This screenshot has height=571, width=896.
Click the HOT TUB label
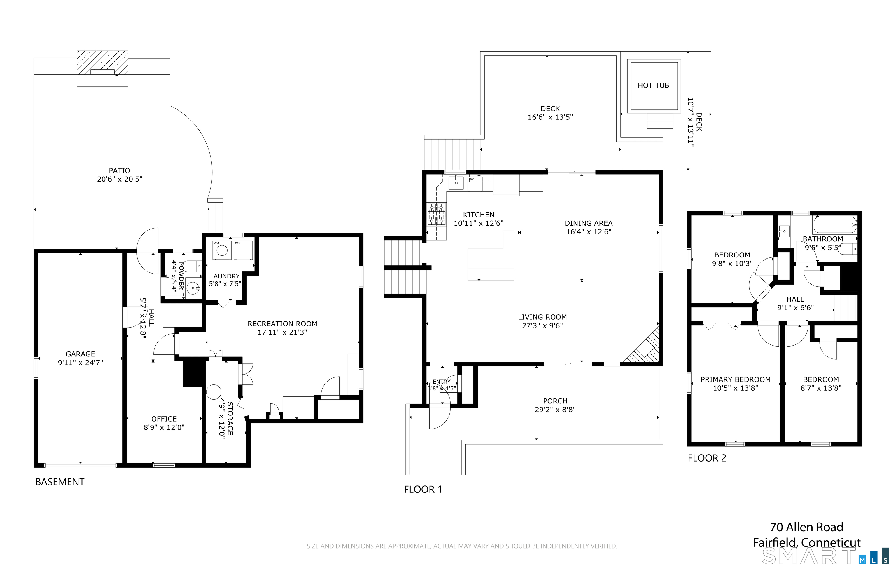pos(653,85)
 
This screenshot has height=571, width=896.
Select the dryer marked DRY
pos(243,250)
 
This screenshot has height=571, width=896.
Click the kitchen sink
pos(456,183)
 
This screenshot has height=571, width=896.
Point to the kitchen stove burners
pos(436,214)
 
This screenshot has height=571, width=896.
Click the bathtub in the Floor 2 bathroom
pos(835,225)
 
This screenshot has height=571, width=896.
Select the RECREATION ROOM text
pos(282,324)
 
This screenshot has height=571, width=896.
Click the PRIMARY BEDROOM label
pos(736,379)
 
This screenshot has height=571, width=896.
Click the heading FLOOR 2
pos(707,458)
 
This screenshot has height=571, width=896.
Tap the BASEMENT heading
pos(60,482)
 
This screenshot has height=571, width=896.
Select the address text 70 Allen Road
pos(807,527)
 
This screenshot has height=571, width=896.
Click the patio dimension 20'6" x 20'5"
pos(120,179)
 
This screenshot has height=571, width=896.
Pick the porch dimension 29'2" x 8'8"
pos(555,409)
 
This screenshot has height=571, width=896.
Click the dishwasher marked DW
pos(475,184)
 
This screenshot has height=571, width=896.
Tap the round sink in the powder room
pos(193,288)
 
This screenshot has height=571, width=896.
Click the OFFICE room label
pos(164,419)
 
